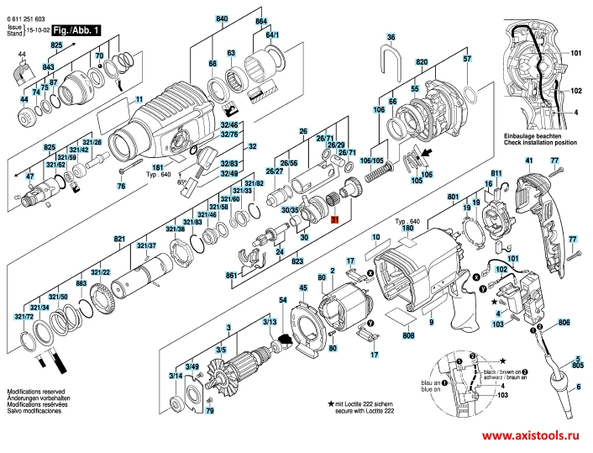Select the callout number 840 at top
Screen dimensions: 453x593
[x=222, y=18]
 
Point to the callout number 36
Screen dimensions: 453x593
[x=391, y=38]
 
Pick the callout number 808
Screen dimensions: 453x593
[x=408, y=337]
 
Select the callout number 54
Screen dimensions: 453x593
[x=283, y=300]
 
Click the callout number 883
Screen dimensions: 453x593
[x=81, y=283]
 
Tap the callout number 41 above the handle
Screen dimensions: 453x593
[x=529, y=161]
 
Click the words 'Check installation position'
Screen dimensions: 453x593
[x=540, y=143]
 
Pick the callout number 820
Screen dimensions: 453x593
[x=421, y=64]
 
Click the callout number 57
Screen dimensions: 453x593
[x=467, y=59]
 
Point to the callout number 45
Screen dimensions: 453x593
[x=303, y=288]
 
